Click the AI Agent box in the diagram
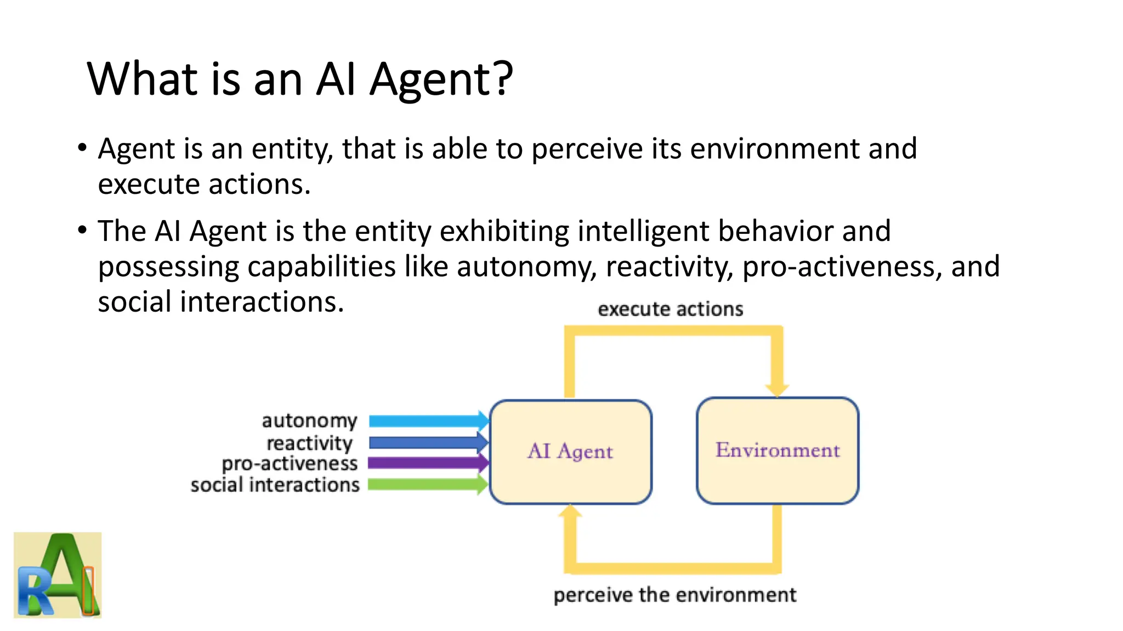(570, 451)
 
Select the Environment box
(777, 450)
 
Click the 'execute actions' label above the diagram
(670, 309)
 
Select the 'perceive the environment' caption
(674, 595)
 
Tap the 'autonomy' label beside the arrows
(309, 421)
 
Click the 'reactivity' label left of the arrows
(309, 443)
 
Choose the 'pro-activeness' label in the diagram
(290, 464)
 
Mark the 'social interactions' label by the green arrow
(275, 485)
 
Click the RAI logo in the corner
(58, 575)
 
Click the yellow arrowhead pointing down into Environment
(777, 389)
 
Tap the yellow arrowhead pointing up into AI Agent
(570, 513)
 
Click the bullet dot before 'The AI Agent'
(82, 230)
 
